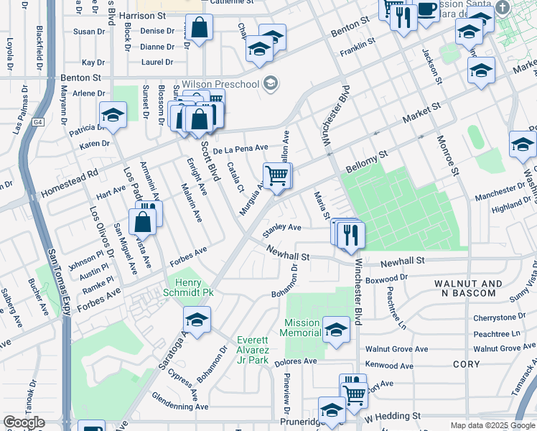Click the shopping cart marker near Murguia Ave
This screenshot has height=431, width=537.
pos(277,175)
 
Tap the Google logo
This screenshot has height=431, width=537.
pos(24,422)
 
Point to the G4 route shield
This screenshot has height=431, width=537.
pos(38,123)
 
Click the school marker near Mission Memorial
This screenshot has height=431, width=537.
pos(336,329)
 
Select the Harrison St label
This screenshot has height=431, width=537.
pos(142,15)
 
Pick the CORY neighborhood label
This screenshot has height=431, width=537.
pos(467,364)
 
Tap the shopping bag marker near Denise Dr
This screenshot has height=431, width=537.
pos(200,28)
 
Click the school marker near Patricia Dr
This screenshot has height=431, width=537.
pos(113,114)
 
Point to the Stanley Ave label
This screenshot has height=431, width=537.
pos(281,228)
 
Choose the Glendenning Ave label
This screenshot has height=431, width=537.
pos(179,406)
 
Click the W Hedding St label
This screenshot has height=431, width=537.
pos(392,416)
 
